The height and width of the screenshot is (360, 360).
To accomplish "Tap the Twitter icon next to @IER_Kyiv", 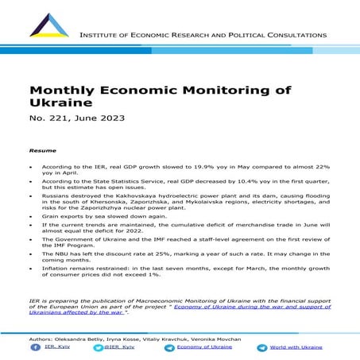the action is coord(100,346).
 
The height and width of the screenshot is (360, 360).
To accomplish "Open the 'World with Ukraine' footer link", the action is coord(296,346).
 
